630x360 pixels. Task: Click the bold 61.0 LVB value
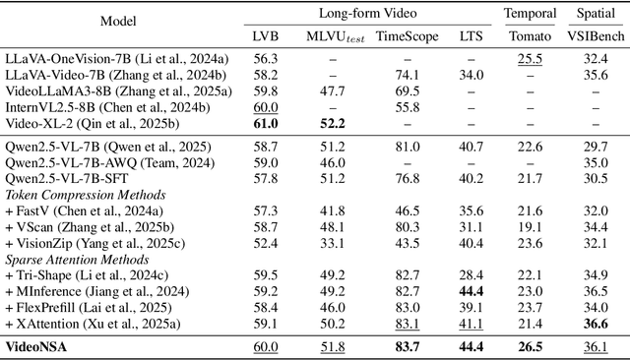click(266, 123)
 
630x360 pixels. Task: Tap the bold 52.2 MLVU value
click(331, 123)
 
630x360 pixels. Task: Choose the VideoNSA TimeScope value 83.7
click(407, 346)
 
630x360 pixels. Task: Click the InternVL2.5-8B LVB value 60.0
click(266, 107)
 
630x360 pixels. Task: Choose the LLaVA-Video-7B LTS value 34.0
click(472, 74)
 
